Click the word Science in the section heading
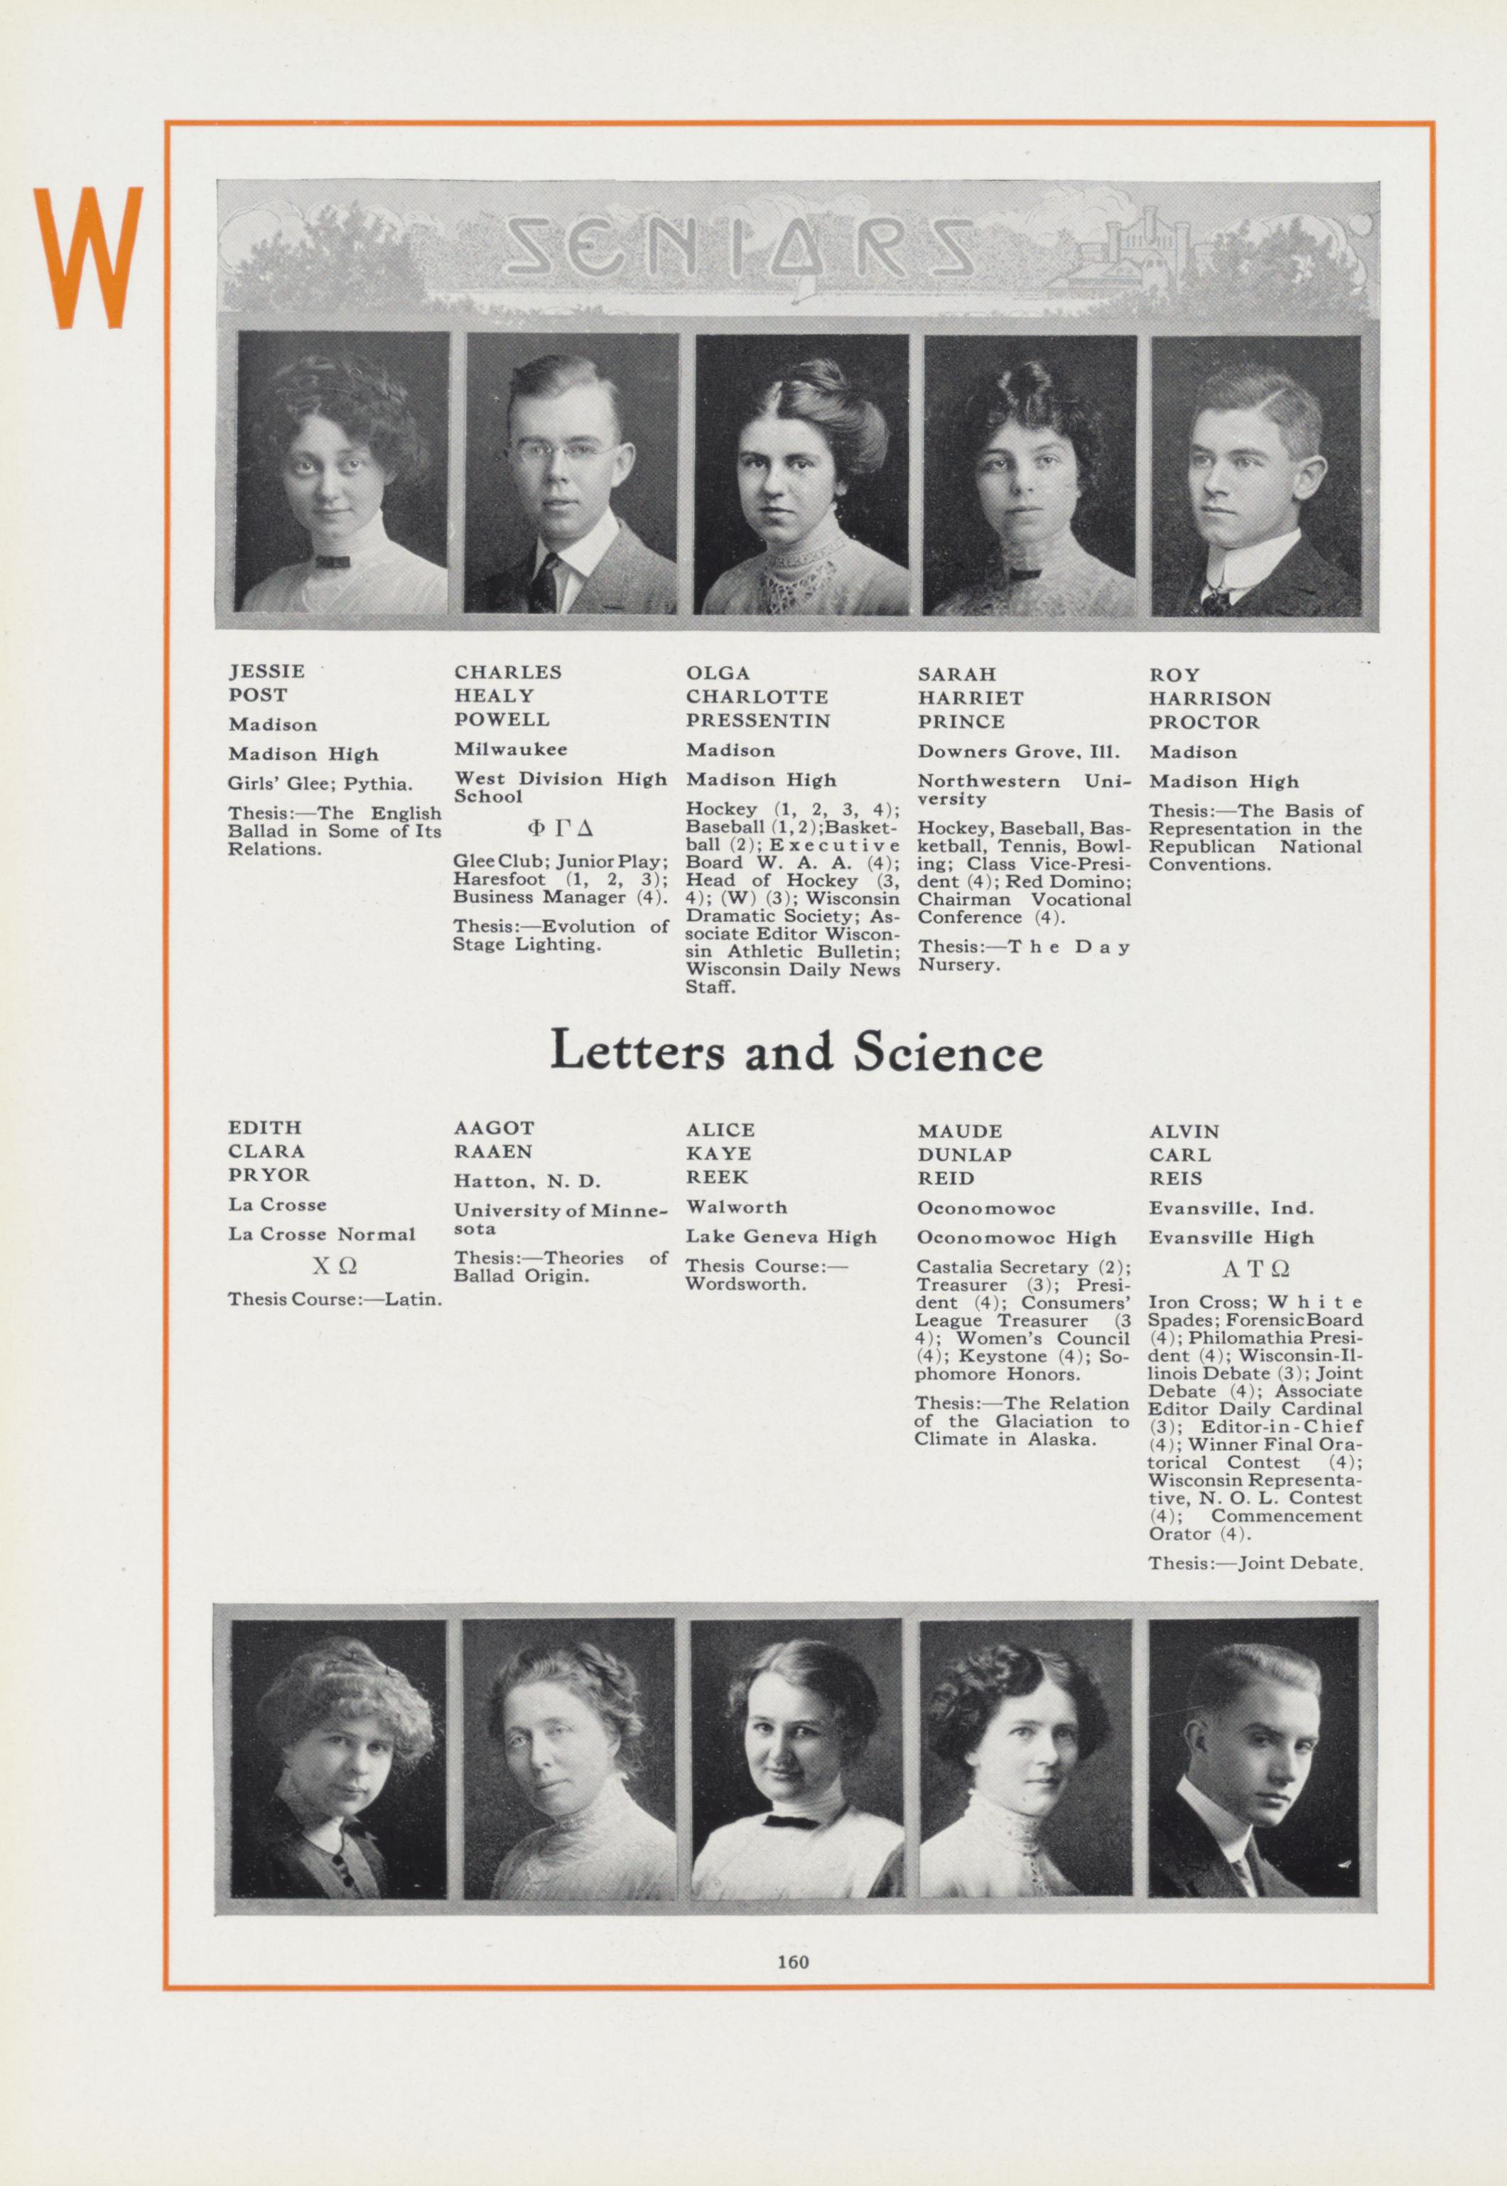point(947,1052)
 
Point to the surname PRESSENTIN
point(757,721)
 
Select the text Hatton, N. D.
point(527,1181)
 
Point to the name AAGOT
point(494,1128)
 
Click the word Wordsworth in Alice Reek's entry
point(747,1285)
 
